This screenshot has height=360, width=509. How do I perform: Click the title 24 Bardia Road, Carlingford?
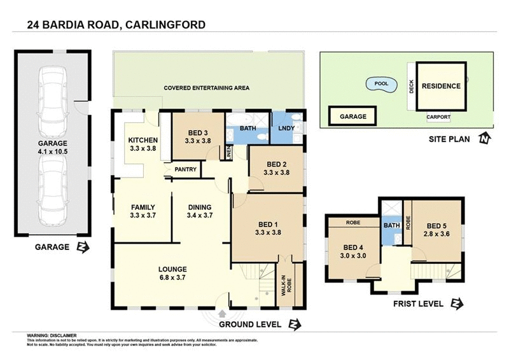[x=116, y=25]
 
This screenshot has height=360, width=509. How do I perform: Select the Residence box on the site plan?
[x=441, y=86]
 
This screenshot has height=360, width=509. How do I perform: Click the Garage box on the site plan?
[x=352, y=117]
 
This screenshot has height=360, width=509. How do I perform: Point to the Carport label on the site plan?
[x=438, y=117]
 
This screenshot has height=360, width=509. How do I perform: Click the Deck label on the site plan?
[x=412, y=87]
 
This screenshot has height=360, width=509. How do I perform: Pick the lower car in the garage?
[x=53, y=190]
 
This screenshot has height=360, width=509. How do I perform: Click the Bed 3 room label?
[x=198, y=132]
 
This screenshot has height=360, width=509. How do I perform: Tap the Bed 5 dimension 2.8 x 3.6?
[x=438, y=234]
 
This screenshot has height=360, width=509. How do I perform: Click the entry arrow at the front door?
[x=221, y=312]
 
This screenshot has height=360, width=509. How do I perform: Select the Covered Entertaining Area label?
[x=206, y=88]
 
